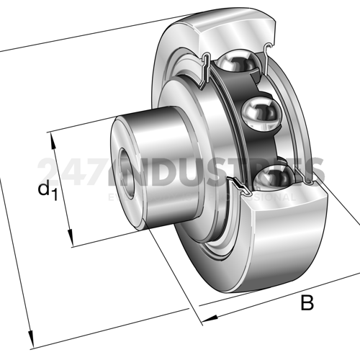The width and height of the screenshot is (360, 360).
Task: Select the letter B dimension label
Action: point(307,303)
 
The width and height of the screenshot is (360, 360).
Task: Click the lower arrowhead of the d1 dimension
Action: point(71,242)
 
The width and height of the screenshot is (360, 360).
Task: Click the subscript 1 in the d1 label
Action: point(53,194)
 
